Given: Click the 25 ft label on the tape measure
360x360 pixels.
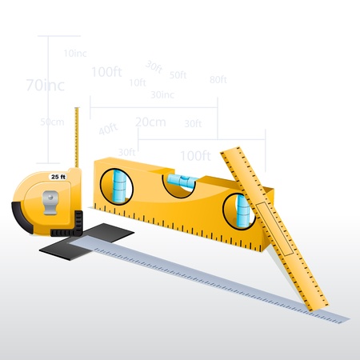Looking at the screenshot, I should coord(58,176).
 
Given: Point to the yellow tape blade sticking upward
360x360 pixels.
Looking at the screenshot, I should coord(77,136).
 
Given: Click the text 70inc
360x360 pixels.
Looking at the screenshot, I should coord(46,83).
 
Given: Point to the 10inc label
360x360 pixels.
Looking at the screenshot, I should coord(74,53).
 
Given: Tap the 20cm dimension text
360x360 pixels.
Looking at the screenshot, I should coord(150,122).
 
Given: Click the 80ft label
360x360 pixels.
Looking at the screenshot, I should coord(218,79).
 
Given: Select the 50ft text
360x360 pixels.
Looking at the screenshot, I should coord(178,75).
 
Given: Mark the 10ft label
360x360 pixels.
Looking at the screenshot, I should coord(137,82).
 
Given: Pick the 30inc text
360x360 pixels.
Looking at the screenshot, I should coord(162,94).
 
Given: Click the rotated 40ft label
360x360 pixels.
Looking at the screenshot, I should coord(108,130).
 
